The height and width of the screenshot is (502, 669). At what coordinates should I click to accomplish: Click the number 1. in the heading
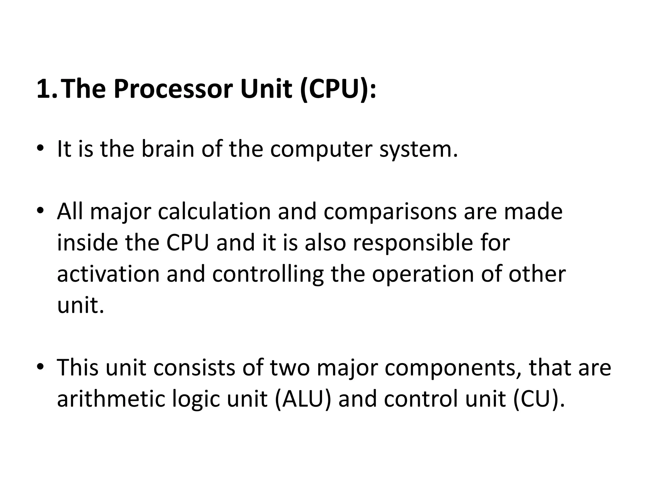(48, 89)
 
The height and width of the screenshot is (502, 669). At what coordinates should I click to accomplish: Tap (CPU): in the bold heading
(338, 89)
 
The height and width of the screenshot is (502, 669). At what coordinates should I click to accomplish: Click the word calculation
(214, 212)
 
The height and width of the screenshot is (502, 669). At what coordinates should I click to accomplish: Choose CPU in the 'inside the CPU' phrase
(187, 243)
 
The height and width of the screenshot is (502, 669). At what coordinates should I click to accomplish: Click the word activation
(108, 274)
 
